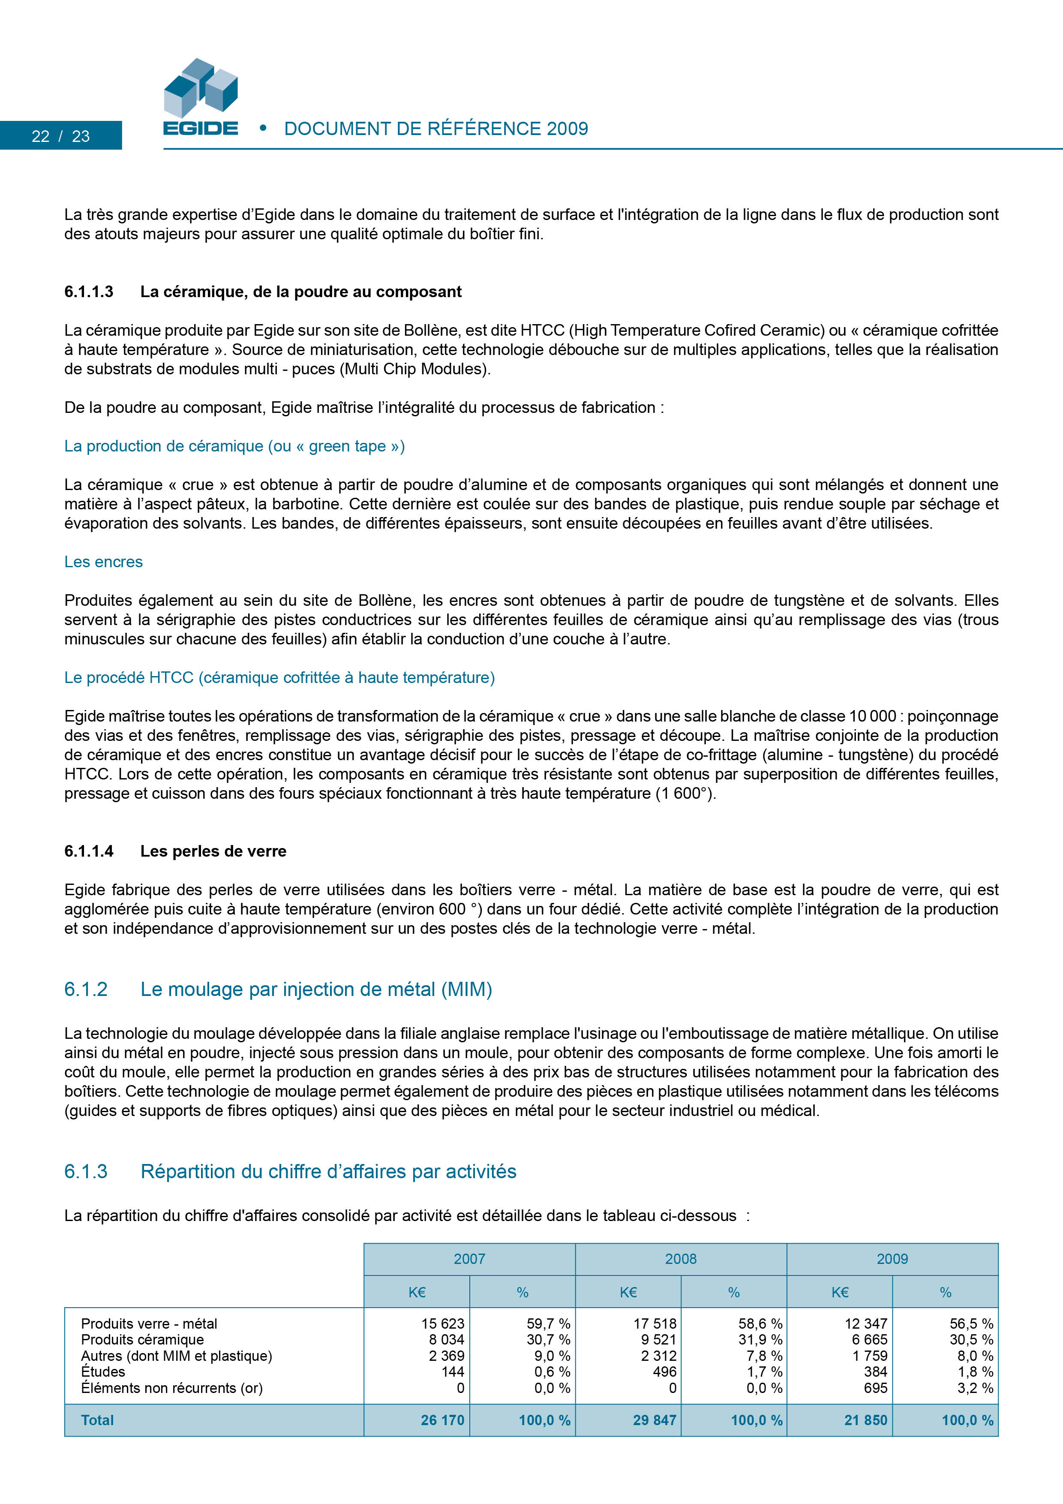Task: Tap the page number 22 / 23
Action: [60, 136]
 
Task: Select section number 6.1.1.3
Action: [88, 292]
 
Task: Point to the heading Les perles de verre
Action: [213, 851]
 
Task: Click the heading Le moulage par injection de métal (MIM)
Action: [316, 989]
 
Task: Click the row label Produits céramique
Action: [142, 1340]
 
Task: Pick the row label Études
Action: [103, 1372]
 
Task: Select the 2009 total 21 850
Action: [865, 1420]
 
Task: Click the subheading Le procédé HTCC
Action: [279, 677]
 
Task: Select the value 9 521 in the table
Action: [658, 1340]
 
